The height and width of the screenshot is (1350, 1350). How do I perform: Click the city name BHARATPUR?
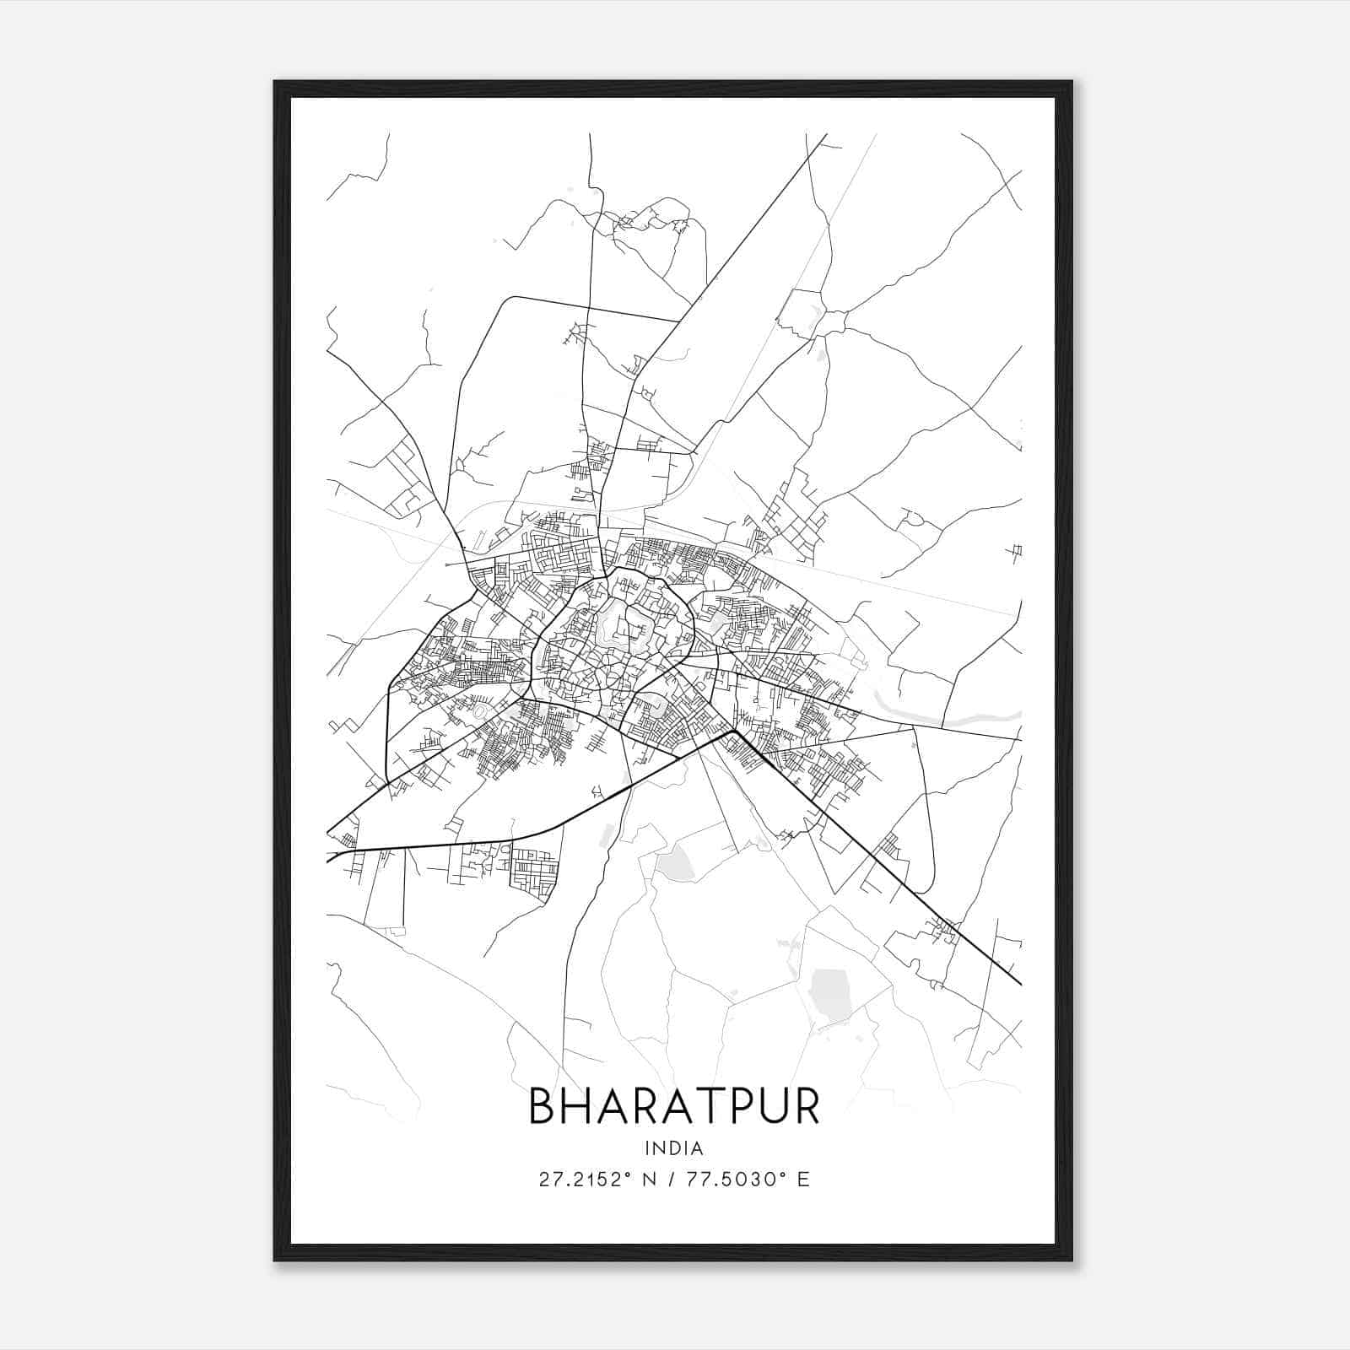(x=673, y=1106)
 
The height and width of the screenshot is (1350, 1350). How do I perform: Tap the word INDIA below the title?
(x=673, y=1148)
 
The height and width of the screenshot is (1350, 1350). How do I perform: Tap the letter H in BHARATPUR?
(x=578, y=1106)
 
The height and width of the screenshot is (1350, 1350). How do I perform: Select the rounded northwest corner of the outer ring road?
(x=510, y=301)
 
